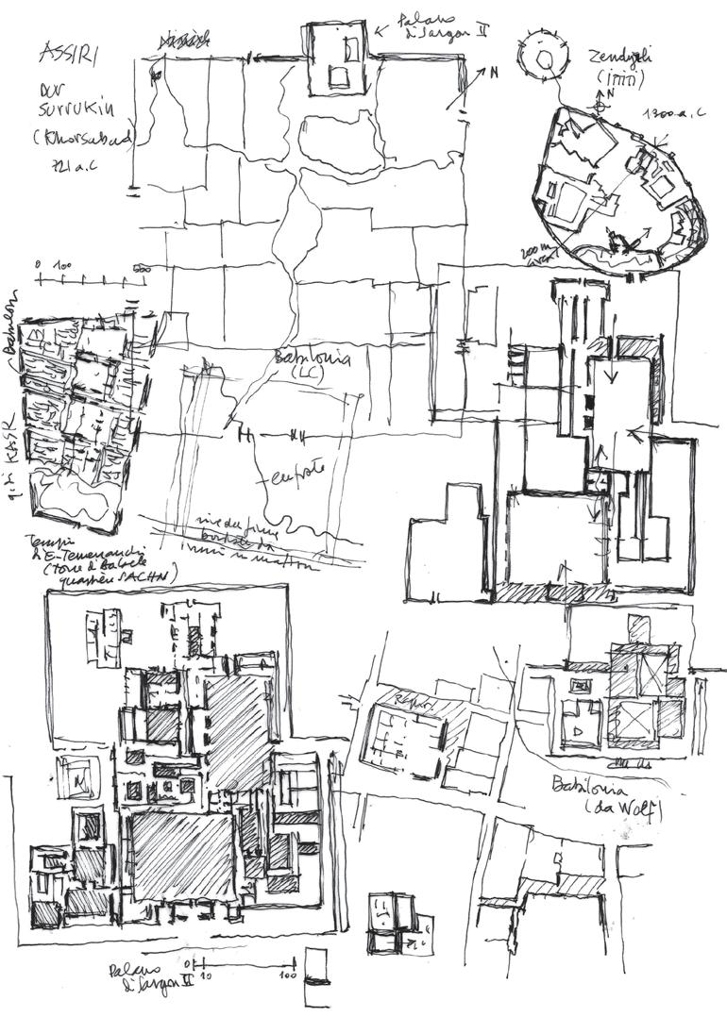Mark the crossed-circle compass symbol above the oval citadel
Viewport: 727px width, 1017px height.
click(x=599, y=108)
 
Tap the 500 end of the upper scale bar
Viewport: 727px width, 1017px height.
click(x=143, y=268)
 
